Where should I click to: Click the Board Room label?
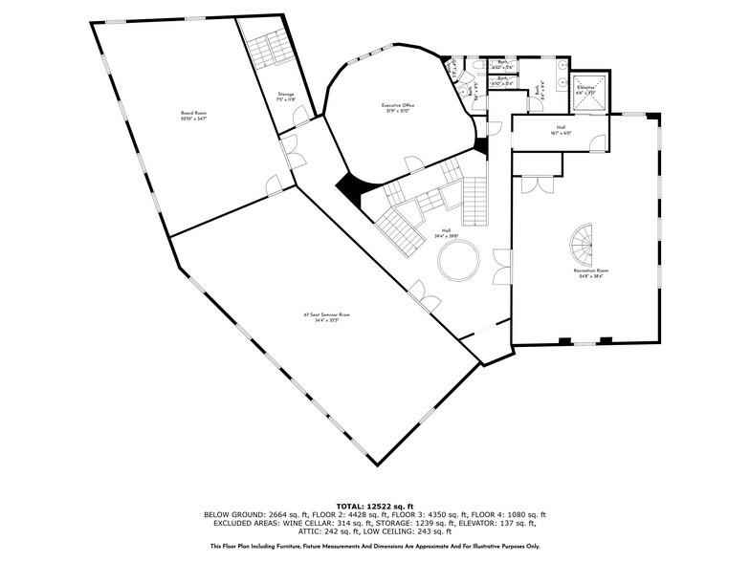194,116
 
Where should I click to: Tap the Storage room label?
286,97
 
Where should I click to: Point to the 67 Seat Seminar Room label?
320,316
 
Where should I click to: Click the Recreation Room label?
591,272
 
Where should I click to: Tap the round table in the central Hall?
457,259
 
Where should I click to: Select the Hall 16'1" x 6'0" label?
562,129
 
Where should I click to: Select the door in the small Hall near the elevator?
597,143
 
